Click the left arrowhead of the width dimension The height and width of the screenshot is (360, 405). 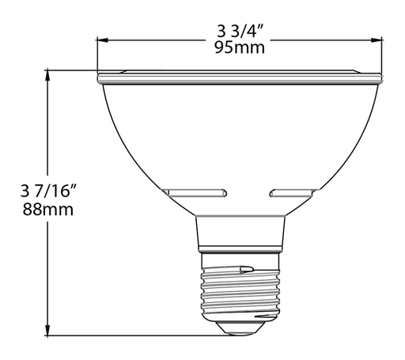click(x=101, y=38)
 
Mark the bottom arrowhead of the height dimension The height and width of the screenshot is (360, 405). click(x=50, y=332)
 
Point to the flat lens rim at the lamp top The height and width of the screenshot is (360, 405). click(x=240, y=78)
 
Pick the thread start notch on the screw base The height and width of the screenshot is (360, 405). click(x=248, y=269)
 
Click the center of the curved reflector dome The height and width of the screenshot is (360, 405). click(x=240, y=135)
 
